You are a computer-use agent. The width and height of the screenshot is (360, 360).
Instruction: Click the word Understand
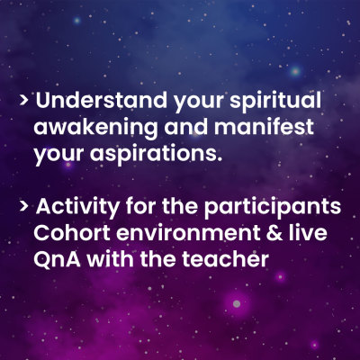coord(101,100)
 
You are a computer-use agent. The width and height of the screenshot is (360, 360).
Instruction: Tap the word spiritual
coord(275,102)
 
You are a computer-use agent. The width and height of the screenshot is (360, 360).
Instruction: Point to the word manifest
coord(264,126)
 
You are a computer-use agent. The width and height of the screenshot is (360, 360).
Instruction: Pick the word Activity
coord(77,208)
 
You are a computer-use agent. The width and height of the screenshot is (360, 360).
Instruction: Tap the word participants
coord(273,208)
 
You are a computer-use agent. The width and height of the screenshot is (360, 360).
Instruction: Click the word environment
coord(188,233)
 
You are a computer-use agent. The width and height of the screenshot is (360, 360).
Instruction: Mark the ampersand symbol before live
coord(274,233)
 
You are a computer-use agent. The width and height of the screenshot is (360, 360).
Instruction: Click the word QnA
coord(57,259)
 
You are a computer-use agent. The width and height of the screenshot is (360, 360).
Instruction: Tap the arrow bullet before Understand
coord(24,101)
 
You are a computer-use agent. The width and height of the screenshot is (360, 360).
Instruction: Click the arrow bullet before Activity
coord(24,207)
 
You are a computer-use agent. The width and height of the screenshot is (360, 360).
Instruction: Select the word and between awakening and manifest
coord(185,126)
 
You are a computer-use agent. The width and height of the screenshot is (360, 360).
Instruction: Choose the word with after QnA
coord(111,259)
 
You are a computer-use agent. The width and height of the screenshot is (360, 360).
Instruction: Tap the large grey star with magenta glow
coord(237,303)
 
